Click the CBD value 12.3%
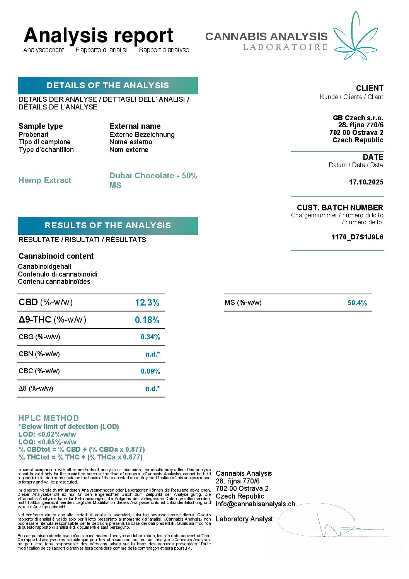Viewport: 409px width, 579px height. pyautogui.click(x=147, y=302)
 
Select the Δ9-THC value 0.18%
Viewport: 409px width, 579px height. pyautogui.click(x=147, y=320)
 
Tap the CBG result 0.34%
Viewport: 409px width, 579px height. pyautogui.click(x=150, y=337)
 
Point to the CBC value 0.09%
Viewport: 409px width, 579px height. pyautogui.click(x=150, y=371)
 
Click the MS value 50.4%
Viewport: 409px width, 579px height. pyautogui.click(x=357, y=303)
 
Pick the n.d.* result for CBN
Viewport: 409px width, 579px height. pyautogui.click(x=153, y=354)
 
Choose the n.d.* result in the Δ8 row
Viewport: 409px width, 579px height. pyautogui.click(x=153, y=389)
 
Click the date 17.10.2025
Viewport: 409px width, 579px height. pyautogui.click(x=366, y=182)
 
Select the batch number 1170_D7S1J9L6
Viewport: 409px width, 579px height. pyautogui.click(x=358, y=237)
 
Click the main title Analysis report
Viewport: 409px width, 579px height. pyautogui.click(x=99, y=35)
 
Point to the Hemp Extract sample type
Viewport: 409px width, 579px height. pyautogui.click(x=45, y=180)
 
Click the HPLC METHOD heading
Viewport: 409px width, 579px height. pyautogui.click(x=49, y=418)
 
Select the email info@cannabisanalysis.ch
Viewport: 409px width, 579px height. pyautogui.click(x=255, y=504)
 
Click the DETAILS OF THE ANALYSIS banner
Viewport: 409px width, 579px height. pyautogui.click(x=108, y=85)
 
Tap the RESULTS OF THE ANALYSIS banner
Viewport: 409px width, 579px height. pyautogui.click(x=108, y=225)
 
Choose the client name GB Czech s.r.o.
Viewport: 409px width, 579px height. pyautogui.click(x=358, y=118)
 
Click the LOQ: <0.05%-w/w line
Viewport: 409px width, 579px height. pyautogui.click(x=48, y=442)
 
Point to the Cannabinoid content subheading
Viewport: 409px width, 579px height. pyautogui.click(x=56, y=256)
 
